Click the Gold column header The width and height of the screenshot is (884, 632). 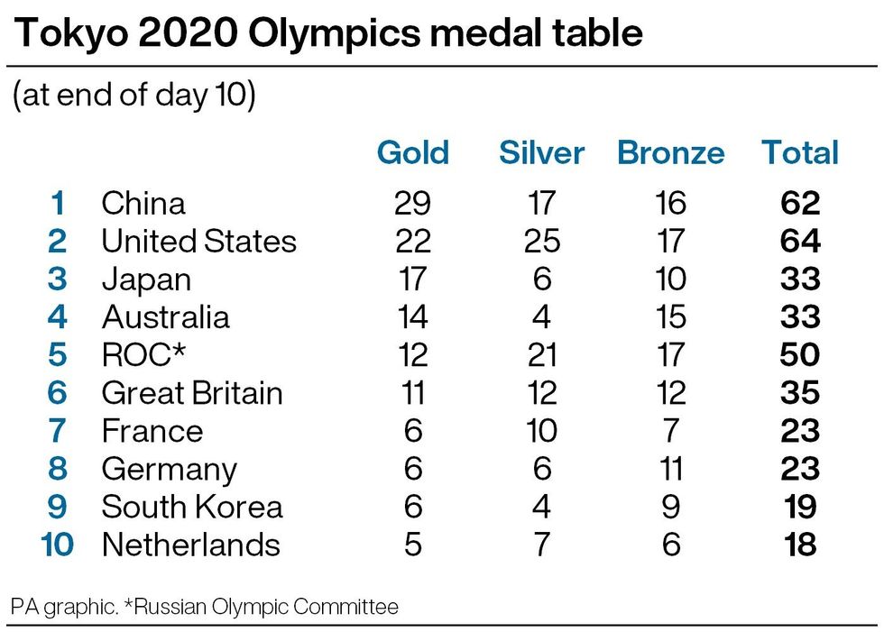pyautogui.click(x=412, y=152)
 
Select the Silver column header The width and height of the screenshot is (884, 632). pyautogui.click(x=541, y=152)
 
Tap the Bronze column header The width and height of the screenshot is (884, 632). pyautogui.click(x=670, y=152)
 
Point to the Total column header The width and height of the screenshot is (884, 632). pyautogui.click(x=800, y=152)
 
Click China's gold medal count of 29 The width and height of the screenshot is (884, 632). pyautogui.click(x=412, y=203)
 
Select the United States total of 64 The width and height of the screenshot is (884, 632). pyautogui.click(x=800, y=242)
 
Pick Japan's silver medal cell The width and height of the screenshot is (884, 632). pyautogui.click(x=542, y=279)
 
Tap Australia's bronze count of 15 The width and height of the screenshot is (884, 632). pyautogui.click(x=670, y=317)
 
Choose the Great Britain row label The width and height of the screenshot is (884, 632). pyautogui.click(x=192, y=393)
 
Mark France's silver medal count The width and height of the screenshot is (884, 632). pyautogui.click(x=542, y=431)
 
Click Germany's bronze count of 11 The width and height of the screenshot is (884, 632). pyautogui.click(x=670, y=469)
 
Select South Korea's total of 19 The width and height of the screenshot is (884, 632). pyautogui.click(x=800, y=507)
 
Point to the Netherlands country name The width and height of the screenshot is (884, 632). pyautogui.click(x=190, y=545)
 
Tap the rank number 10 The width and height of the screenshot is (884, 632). pyautogui.click(x=57, y=545)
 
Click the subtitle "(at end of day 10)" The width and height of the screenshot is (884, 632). pyautogui.click(x=134, y=96)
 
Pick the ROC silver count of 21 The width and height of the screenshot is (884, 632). pyautogui.click(x=542, y=355)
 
